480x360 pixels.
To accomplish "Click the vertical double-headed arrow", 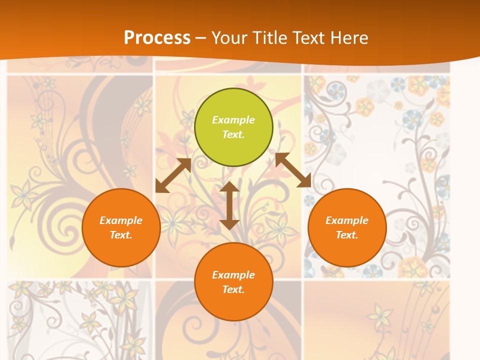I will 229,205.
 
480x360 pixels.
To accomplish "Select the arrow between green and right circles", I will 293,170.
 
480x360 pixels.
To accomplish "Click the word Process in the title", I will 157,37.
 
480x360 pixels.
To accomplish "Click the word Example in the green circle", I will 233,120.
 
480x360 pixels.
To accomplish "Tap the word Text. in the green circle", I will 233,134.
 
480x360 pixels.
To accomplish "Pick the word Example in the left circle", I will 121,220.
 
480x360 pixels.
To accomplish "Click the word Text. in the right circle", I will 347,235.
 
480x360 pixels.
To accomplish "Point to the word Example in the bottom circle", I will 233,275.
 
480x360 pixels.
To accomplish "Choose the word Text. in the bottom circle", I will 233,289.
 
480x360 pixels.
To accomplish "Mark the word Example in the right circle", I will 347,220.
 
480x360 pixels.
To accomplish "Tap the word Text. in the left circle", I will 121,235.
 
